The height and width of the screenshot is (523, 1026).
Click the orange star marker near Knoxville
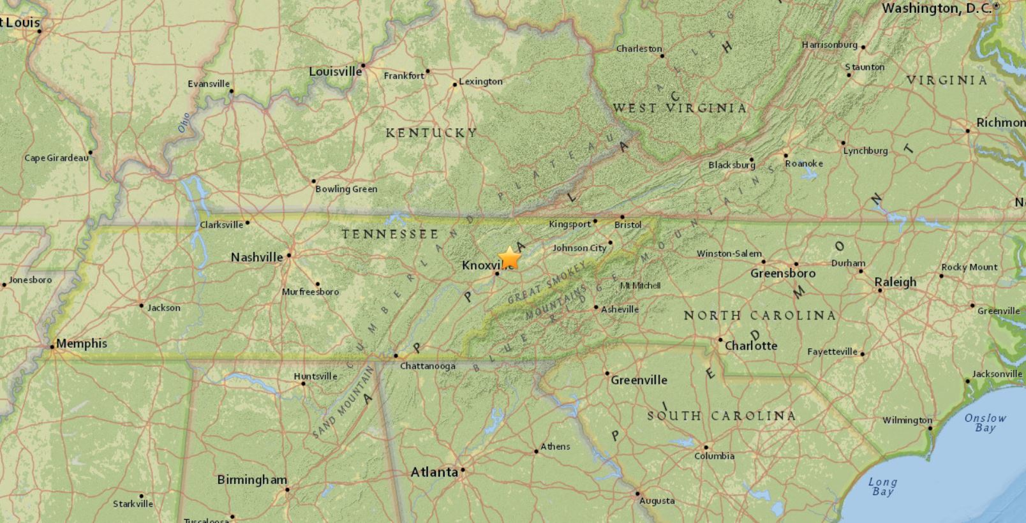tap(509, 258)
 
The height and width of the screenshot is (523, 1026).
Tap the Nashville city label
tap(256, 257)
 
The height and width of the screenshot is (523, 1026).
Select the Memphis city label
tap(82, 343)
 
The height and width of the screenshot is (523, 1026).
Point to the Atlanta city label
tap(434, 473)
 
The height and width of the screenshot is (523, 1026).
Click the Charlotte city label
tap(751, 346)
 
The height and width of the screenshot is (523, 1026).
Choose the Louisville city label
tap(335, 71)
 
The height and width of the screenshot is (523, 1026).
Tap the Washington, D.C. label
tap(937, 8)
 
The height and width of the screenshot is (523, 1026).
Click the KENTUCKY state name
tap(431, 133)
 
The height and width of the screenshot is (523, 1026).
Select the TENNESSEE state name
tap(390, 234)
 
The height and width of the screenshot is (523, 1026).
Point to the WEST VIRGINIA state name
tap(680, 108)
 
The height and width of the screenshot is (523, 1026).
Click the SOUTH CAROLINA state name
tap(722, 416)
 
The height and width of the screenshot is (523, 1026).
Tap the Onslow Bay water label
tap(985, 423)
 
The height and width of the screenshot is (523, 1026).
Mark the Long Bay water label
tap(883, 487)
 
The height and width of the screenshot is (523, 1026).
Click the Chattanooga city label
tap(427, 366)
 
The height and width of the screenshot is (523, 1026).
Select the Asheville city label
tap(620, 309)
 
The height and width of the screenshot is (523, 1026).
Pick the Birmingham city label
tap(252, 480)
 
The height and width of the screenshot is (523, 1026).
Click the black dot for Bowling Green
tap(314, 181)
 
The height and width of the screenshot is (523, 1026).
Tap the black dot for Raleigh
tap(880, 290)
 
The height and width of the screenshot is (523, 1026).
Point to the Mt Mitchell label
tap(641, 285)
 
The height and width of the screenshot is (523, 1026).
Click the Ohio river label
tap(184, 122)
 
